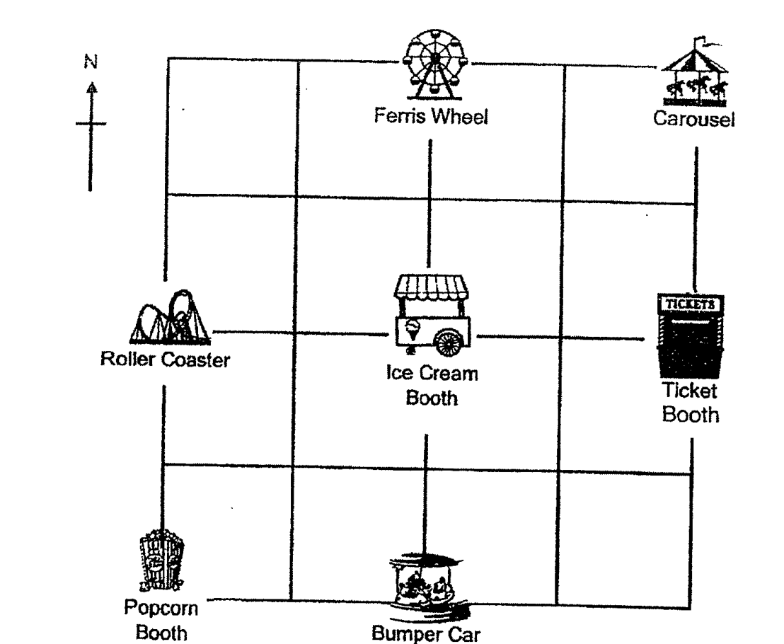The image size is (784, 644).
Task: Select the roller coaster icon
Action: [x=170, y=318]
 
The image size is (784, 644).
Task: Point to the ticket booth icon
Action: [x=691, y=336]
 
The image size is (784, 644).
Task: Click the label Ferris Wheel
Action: [x=431, y=117]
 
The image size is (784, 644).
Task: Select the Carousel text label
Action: [x=694, y=119]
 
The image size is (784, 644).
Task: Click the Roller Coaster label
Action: [x=165, y=360]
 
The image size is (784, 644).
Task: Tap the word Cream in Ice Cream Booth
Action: [x=447, y=374]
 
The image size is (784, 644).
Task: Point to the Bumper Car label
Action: [x=426, y=633]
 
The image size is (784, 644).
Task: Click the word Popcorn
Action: [x=161, y=609]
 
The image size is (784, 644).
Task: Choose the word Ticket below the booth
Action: [x=689, y=391]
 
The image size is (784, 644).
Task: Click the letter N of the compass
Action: [x=91, y=62]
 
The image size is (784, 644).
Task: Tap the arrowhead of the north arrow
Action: [x=91, y=88]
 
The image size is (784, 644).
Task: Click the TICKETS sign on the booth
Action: [x=690, y=304]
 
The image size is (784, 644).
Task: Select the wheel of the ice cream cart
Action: [x=449, y=342]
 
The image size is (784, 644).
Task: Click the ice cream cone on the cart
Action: [x=412, y=330]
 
